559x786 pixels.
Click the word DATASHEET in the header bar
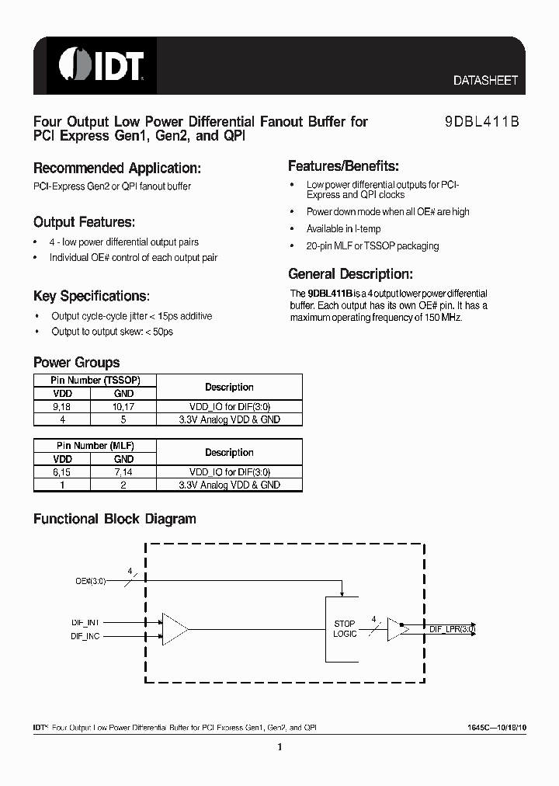tap(484, 81)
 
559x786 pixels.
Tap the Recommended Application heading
tap(117, 169)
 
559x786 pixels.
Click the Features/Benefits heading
tap(343, 166)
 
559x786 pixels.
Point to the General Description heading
tap(350, 274)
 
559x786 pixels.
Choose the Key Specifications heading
tap(91, 296)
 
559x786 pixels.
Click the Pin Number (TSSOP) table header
tap(95, 381)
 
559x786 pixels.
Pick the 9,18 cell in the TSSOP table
tap(61, 406)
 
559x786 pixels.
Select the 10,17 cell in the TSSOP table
tap(123, 406)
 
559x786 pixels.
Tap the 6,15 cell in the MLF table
tap(61, 471)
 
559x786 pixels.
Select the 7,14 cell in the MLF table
tap(123, 471)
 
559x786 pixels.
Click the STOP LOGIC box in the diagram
tap(345, 628)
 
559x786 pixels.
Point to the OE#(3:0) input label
tap(91, 579)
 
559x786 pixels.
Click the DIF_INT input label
tap(85, 622)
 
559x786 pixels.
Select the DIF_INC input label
tap(85, 636)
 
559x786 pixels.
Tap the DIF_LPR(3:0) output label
tap(453, 630)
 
